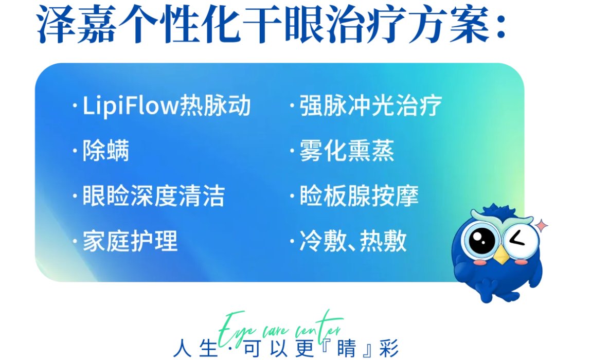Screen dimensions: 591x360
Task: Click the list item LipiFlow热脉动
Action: tap(167, 105)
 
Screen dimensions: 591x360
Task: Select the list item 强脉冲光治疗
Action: tap(370, 105)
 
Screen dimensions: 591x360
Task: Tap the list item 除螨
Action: tap(105, 151)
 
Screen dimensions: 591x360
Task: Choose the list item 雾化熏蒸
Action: tap(347, 151)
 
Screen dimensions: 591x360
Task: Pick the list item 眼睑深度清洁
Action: tap(153, 196)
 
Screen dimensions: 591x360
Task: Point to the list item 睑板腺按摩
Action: tap(359, 196)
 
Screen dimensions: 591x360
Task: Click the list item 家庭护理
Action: tap(130, 241)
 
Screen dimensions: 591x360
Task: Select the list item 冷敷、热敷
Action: tap(353, 241)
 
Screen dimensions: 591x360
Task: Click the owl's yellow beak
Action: tap(502, 255)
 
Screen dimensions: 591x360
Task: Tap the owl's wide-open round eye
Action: tap(481, 240)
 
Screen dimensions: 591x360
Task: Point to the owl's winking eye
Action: tap(518, 239)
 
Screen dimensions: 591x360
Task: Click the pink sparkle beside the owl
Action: tap(542, 225)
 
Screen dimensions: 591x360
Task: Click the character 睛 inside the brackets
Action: tap(346, 349)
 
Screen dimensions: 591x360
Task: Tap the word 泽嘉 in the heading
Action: tap(77, 23)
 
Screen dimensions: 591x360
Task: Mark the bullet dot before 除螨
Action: tap(75, 151)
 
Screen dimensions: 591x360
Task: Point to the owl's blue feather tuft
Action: tap(499, 210)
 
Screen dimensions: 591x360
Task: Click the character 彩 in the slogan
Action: tap(389, 349)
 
